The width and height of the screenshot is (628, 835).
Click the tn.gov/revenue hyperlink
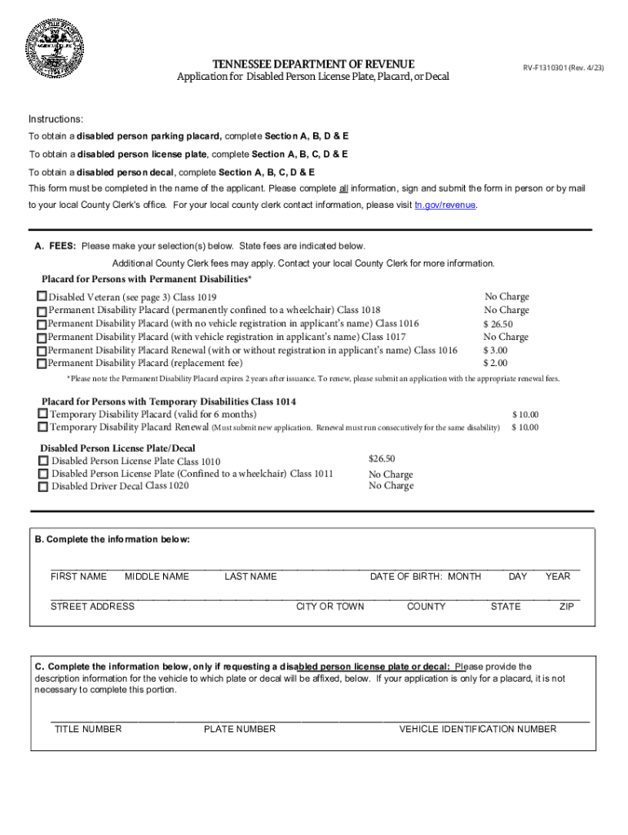click(x=445, y=205)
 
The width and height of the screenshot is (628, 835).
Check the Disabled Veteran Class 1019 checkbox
click(x=42, y=297)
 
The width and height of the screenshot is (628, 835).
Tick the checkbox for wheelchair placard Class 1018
click(x=42, y=311)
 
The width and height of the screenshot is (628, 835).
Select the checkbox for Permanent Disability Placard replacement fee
click(x=42, y=363)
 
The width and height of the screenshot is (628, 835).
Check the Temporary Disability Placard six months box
click(x=43, y=415)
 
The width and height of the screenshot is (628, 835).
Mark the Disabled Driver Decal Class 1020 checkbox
click(x=43, y=487)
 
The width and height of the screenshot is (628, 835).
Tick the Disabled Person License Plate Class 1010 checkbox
click(x=43, y=461)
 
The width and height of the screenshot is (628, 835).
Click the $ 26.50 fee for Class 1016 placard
click(x=499, y=324)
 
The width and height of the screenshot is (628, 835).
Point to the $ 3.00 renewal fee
click(x=495, y=350)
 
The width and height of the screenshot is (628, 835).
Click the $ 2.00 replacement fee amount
click(x=495, y=363)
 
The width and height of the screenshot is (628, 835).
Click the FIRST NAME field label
click(x=78, y=577)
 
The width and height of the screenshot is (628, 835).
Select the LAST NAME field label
click(x=250, y=577)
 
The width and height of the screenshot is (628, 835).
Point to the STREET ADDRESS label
click(x=92, y=607)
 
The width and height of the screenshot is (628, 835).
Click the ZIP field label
click(x=566, y=607)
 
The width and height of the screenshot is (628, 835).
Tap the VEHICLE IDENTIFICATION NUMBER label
click(x=477, y=729)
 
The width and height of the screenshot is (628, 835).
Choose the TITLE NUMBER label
click(x=87, y=729)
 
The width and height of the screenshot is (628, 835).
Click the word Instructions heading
click(x=55, y=119)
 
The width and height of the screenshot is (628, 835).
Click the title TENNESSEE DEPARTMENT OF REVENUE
click(x=313, y=64)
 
